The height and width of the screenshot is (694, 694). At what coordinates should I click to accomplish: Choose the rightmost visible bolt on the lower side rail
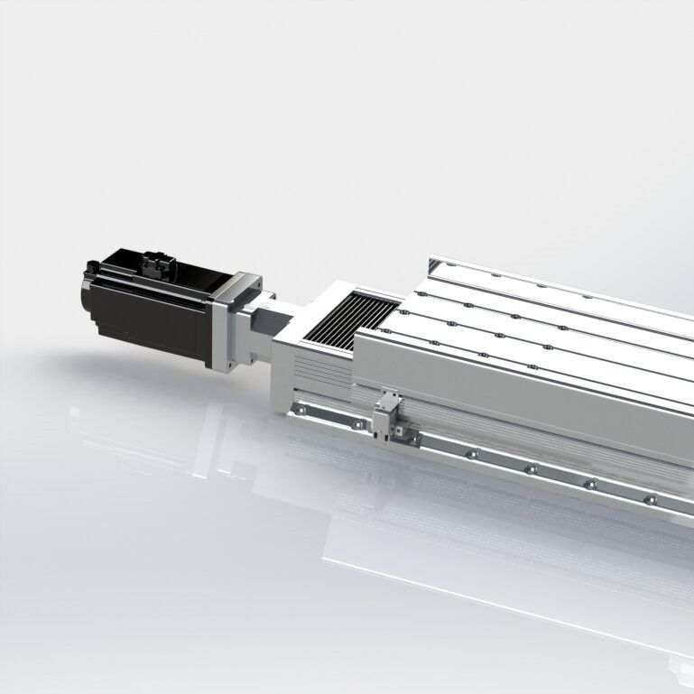point(647,498)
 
